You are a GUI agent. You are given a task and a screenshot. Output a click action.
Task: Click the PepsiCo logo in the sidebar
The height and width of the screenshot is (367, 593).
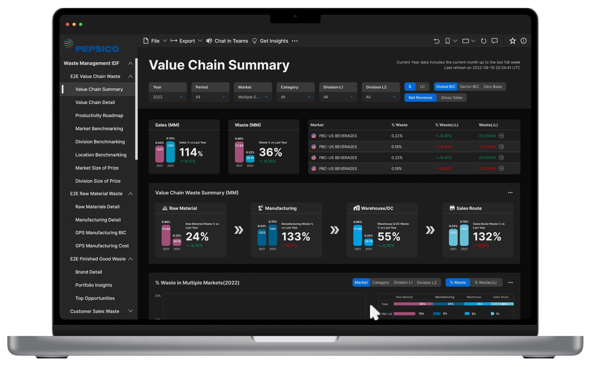tap(91, 46)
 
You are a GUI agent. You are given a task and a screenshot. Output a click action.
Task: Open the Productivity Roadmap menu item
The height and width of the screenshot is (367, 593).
tap(99, 115)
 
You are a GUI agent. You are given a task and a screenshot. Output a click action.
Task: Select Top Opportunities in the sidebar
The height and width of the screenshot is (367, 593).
tap(95, 298)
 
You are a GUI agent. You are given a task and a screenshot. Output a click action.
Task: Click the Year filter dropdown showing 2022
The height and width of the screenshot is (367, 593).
tap(167, 97)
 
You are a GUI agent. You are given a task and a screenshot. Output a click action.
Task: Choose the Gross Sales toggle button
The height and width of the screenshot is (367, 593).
tap(451, 98)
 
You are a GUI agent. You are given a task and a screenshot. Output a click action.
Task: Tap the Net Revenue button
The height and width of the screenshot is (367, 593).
tap(420, 98)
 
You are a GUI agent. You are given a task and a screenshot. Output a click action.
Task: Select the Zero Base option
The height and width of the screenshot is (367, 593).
tap(492, 87)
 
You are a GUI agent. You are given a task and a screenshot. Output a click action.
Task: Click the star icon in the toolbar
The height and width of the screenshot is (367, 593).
tap(512, 41)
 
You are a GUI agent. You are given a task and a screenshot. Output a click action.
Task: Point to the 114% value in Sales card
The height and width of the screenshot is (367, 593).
tap(191, 152)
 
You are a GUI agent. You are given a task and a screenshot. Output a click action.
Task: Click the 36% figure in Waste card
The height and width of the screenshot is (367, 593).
tap(270, 152)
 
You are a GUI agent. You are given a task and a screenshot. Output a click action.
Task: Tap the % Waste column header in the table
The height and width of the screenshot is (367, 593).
tap(399, 125)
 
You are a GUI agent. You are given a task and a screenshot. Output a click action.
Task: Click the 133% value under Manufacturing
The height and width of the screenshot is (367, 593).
tap(296, 237)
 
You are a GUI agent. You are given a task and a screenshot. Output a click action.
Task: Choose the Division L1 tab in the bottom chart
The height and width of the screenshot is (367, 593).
tap(403, 282)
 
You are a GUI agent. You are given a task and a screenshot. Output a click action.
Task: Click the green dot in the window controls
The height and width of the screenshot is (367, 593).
tap(81, 24)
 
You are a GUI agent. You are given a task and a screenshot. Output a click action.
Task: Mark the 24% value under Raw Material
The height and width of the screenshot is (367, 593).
tap(197, 237)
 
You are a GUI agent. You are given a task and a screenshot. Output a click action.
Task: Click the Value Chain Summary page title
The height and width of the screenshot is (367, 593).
tap(219, 65)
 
